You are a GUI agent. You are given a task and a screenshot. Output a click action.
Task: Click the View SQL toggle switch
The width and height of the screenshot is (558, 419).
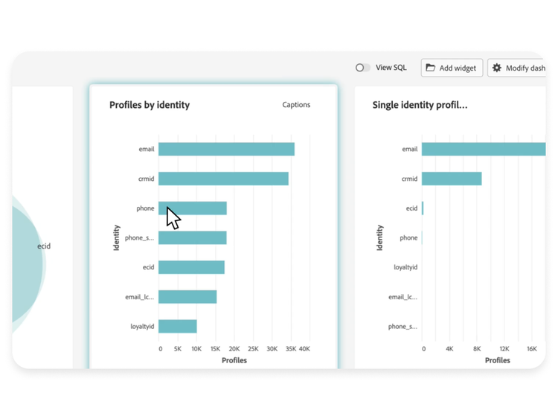click(362, 68)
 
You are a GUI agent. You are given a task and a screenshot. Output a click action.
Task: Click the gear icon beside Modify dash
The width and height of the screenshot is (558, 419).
click(497, 68)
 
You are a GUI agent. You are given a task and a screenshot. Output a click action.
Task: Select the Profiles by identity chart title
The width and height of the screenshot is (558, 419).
click(150, 105)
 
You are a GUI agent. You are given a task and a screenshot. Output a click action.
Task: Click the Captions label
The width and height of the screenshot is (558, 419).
click(296, 105)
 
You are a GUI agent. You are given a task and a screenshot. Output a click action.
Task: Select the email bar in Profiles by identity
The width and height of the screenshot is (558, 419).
click(226, 149)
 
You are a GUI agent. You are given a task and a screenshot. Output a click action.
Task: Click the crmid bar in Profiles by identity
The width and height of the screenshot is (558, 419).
click(223, 179)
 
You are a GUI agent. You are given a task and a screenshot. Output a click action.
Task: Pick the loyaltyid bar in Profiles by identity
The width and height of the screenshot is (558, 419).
click(178, 326)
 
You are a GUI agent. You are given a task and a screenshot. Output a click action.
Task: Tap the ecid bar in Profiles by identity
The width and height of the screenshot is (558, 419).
click(191, 267)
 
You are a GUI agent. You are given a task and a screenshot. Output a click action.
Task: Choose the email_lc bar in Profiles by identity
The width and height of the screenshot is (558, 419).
click(187, 297)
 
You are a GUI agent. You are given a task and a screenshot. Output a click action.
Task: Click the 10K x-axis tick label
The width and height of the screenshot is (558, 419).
click(196, 348)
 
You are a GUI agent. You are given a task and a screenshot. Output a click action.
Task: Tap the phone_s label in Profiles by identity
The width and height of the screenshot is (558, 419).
click(139, 238)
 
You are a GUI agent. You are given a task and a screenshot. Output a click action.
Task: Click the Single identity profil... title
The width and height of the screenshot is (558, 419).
click(420, 105)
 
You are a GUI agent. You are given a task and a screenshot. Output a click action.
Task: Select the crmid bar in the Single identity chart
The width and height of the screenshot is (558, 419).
click(452, 179)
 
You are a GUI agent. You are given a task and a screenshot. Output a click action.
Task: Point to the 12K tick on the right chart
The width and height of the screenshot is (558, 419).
click(504, 348)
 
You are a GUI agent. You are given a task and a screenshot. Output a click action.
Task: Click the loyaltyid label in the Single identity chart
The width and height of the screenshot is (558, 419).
click(405, 267)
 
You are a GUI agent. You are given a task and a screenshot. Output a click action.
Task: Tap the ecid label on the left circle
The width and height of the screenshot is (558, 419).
click(44, 246)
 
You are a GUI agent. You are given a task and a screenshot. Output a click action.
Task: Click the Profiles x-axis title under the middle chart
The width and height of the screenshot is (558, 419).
click(234, 360)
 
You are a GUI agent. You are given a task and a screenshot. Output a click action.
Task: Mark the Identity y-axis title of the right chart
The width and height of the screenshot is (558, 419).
click(380, 237)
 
